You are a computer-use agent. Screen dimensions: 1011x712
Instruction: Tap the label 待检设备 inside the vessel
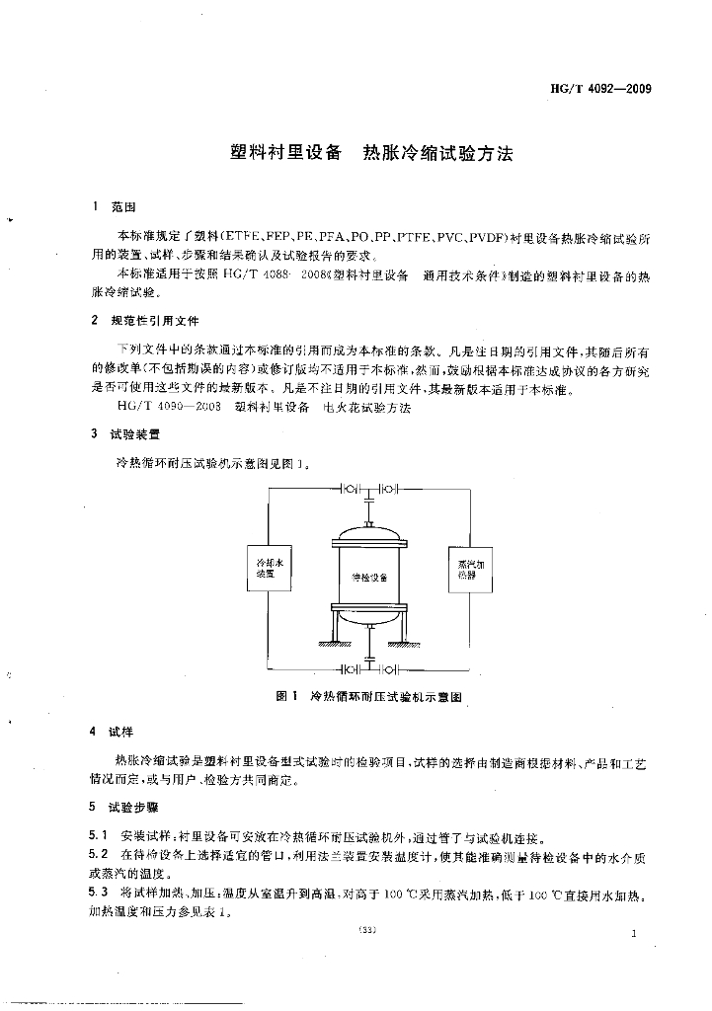point(369,577)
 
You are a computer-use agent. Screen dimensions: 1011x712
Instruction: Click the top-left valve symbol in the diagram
point(351,489)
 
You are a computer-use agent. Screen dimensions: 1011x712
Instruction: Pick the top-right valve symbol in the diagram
point(388,489)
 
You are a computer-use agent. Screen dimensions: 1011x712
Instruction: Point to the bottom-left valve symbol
point(351,668)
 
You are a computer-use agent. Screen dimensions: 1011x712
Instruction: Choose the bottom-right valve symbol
point(388,668)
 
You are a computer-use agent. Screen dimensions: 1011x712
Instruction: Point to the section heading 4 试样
point(112,732)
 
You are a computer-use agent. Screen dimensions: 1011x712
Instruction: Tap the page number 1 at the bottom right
point(634,932)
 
